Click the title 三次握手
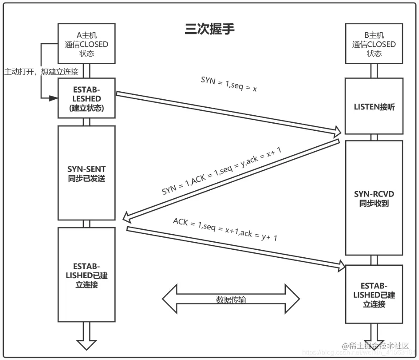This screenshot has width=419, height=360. tap(210, 28)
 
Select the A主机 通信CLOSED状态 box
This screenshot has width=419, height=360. tap(86, 44)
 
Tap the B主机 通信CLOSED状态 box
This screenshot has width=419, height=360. tap(374, 44)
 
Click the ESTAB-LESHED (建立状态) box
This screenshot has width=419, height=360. tap(86, 98)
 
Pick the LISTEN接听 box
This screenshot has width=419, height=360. tap(374, 107)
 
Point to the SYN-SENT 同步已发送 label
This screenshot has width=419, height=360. tap(86, 174)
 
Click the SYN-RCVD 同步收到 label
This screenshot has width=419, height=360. tap(374, 199)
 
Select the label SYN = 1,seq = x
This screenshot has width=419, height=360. tap(229, 85)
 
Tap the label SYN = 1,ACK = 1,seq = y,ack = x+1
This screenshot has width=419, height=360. tap(222, 172)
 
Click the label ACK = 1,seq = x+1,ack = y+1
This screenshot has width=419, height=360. tap(225, 229)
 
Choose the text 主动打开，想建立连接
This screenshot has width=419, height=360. tap(41, 72)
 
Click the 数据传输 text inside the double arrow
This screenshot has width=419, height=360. tap(231, 300)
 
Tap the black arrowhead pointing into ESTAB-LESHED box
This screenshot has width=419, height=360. tap(53, 98)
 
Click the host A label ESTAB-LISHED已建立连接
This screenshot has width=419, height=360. tap(86, 275)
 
